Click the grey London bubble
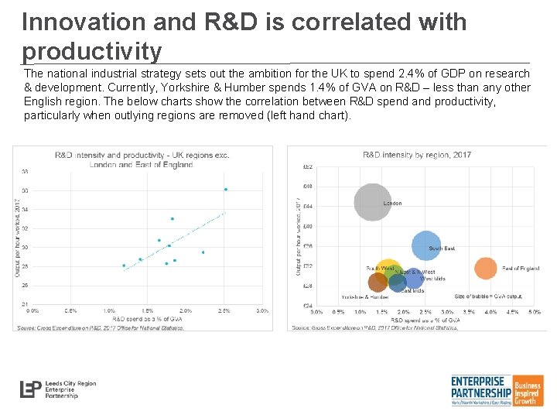[373, 202]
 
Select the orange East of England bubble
[485, 268]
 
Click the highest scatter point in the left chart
[225, 190]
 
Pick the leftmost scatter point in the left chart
[124, 266]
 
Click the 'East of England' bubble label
[521, 268]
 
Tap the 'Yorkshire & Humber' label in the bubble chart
[365, 296]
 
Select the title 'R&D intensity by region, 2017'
[417, 155]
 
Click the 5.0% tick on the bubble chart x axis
[535, 312]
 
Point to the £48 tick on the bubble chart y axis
[307, 186]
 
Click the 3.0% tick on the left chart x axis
[261, 311]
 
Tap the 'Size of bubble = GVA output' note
[488, 296]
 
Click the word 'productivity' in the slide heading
[92, 52]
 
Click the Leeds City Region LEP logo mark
[32, 389]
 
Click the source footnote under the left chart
[101, 327]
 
